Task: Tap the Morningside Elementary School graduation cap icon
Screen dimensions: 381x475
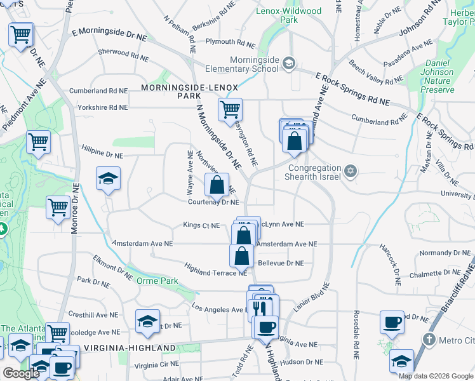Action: click(x=289, y=62)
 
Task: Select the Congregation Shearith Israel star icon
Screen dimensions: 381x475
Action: click(x=349, y=171)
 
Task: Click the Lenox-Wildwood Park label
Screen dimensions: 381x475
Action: click(x=289, y=16)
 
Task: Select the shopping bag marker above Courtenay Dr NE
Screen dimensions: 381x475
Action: click(x=217, y=185)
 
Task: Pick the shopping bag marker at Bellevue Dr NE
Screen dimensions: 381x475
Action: click(x=241, y=256)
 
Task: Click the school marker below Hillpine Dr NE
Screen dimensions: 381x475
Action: click(x=108, y=178)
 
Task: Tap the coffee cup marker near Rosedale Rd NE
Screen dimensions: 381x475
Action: click(x=391, y=322)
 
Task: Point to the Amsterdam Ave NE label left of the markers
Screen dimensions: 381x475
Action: click(x=142, y=243)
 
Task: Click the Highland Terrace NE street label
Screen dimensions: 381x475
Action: click(x=215, y=269)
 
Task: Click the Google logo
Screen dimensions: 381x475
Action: click(x=21, y=373)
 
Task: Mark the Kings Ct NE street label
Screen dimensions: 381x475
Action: click(x=201, y=225)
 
